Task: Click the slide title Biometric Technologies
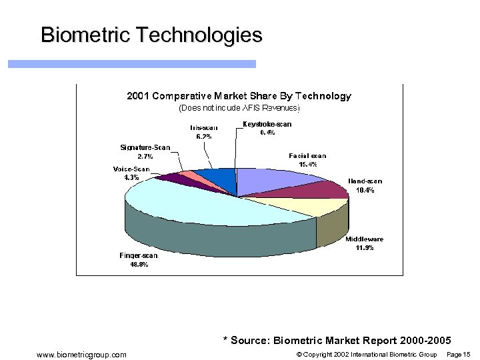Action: click(151, 35)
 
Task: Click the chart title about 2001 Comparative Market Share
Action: click(239, 96)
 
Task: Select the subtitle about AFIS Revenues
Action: click(239, 107)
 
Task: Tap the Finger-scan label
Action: click(139, 255)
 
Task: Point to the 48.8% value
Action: click(139, 264)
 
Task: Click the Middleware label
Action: click(364, 239)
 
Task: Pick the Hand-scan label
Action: click(365, 181)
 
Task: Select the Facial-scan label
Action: click(307, 155)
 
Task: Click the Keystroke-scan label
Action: click(267, 124)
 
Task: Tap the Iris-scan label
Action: click(203, 127)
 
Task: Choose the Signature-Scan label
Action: click(145, 147)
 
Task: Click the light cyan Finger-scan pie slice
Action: click(200, 207)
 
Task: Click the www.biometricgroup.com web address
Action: click(81, 354)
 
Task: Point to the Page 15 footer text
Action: click(458, 354)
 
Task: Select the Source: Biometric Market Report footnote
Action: click(337, 341)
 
